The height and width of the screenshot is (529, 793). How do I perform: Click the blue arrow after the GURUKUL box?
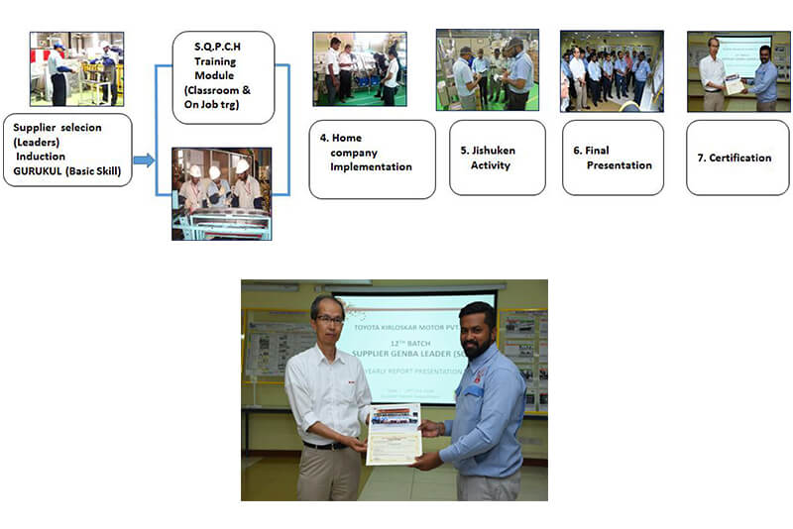pyautogui.click(x=144, y=159)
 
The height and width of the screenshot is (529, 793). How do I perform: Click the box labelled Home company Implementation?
pyautogui.click(x=372, y=159)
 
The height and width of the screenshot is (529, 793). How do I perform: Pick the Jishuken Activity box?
pyautogui.click(x=497, y=158)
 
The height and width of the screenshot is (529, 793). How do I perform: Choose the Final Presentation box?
pyautogui.click(x=613, y=158)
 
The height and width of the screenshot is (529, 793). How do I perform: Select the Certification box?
pyautogui.click(x=737, y=158)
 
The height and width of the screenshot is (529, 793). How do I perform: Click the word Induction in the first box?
pyautogui.click(x=42, y=156)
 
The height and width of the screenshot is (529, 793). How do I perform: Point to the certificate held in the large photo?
pyautogui.click(x=394, y=433)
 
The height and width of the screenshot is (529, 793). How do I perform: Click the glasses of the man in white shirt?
pyautogui.click(x=329, y=320)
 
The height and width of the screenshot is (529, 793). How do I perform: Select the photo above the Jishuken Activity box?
pyautogui.click(x=487, y=69)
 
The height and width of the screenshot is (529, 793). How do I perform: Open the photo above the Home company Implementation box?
pyautogui.click(x=359, y=68)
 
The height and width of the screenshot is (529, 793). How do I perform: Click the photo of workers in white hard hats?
pyautogui.click(x=221, y=193)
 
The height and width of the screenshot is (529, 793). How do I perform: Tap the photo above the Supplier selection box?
pyautogui.click(x=76, y=68)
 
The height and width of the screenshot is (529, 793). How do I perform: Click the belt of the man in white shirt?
pyautogui.click(x=324, y=446)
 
